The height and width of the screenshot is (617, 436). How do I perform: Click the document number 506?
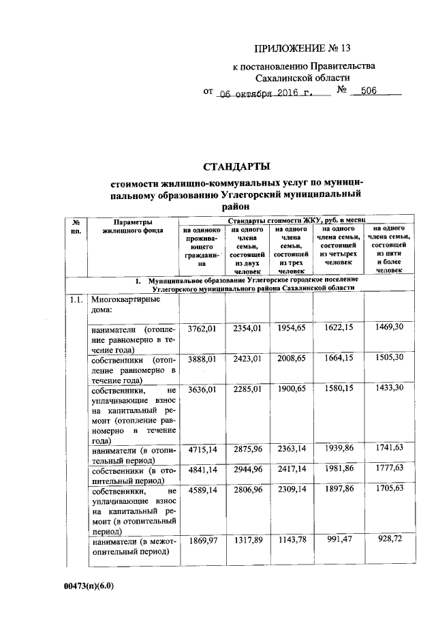click(x=369, y=91)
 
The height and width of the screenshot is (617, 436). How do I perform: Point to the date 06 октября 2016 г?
click(x=263, y=92)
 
